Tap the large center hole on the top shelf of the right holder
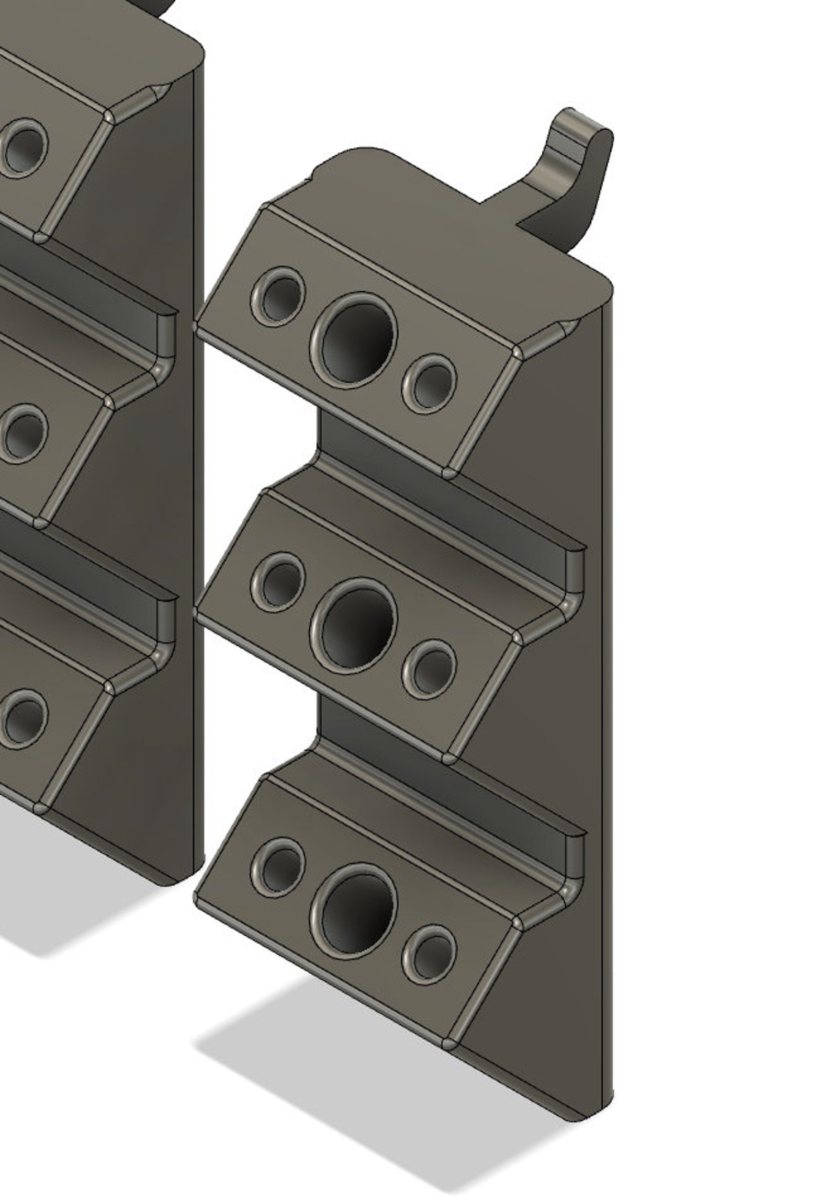pos(354,340)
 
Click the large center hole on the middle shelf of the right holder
pos(354,625)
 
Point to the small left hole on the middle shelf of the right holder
pos(278,581)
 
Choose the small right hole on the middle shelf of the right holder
pos(429,669)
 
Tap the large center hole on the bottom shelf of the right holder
pos(354,910)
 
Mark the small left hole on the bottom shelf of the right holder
pos(278,866)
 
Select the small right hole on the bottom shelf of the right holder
pos(429,954)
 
